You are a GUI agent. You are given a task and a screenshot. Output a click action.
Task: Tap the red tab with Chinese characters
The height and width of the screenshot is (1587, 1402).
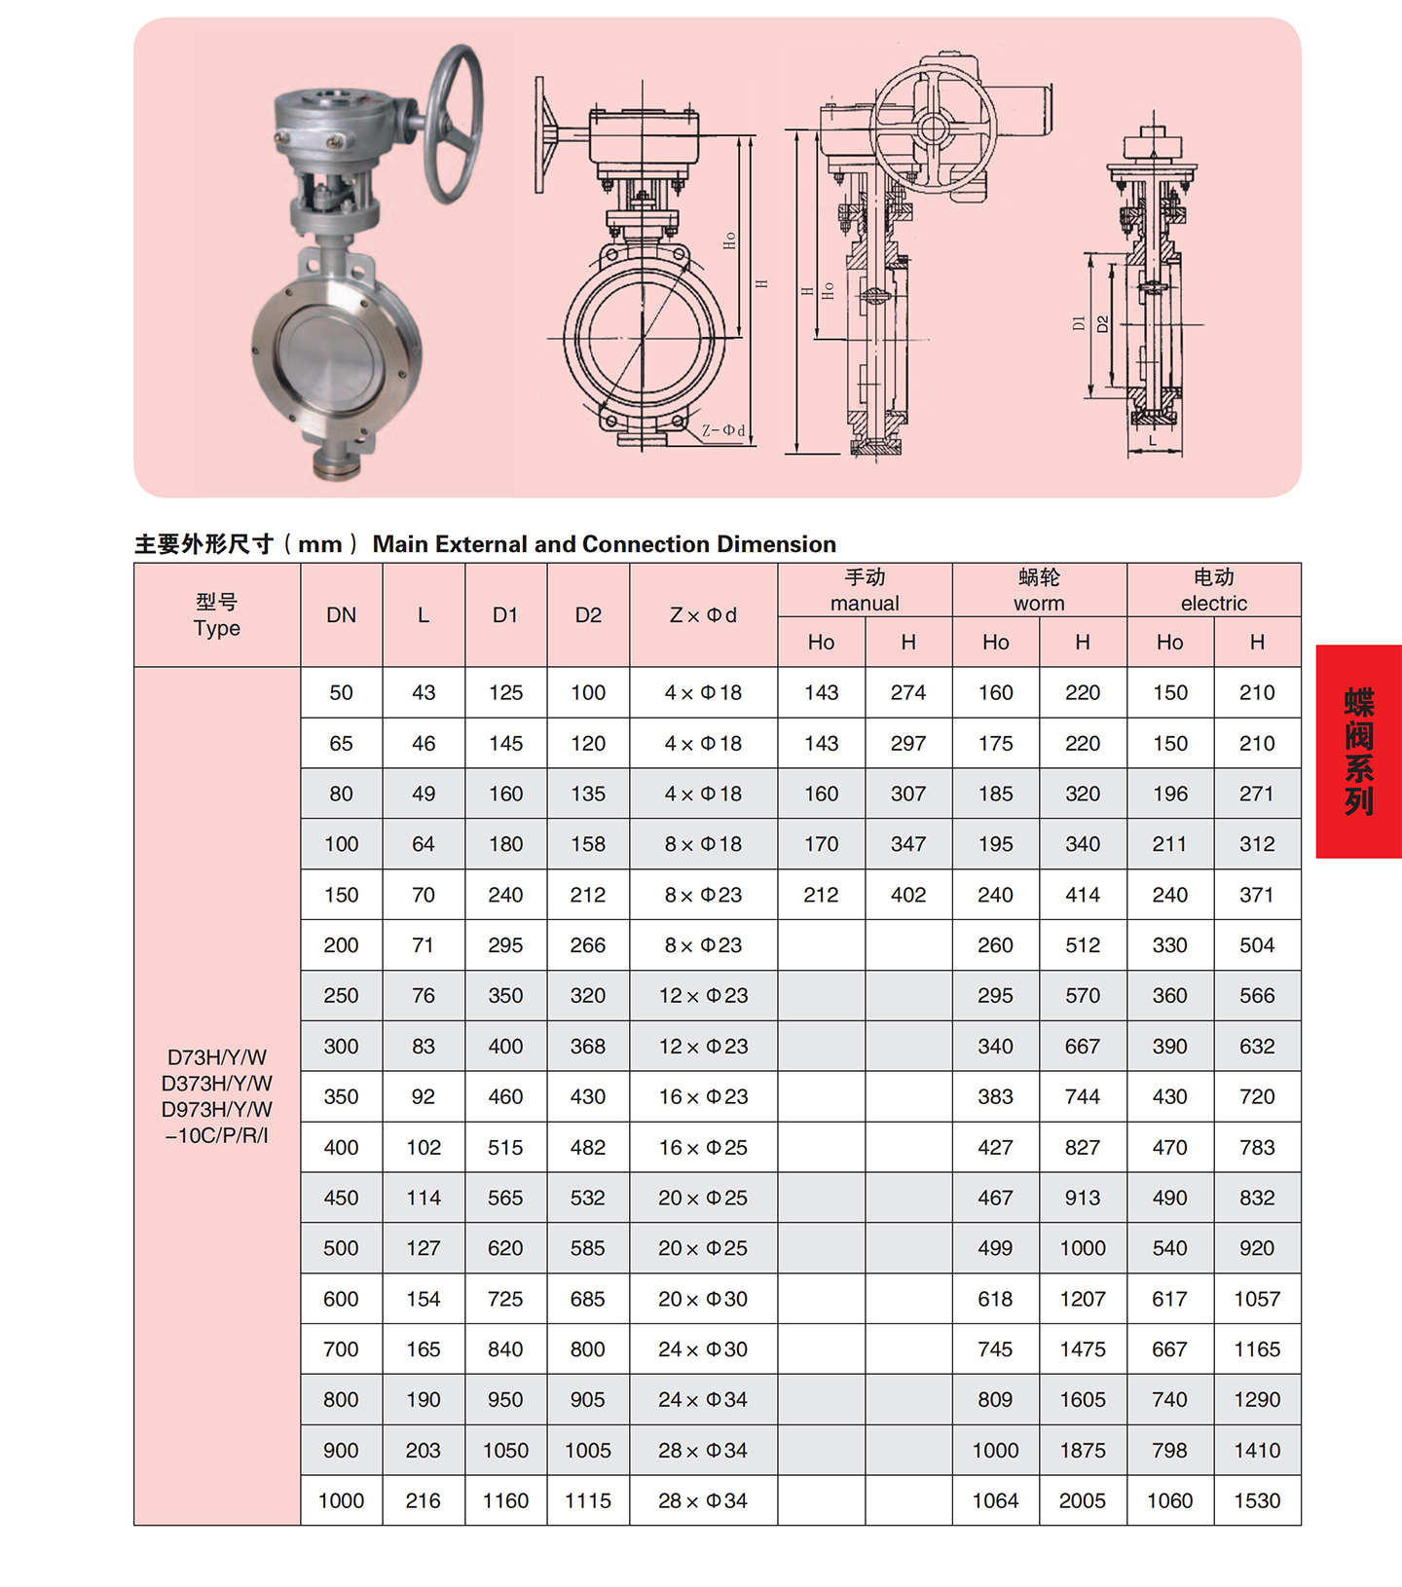pyautogui.click(x=1358, y=751)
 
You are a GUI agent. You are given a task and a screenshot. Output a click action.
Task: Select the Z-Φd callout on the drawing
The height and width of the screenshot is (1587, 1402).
pyautogui.click(x=723, y=429)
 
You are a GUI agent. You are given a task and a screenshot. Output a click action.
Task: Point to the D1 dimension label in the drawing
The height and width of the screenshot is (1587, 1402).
pyautogui.click(x=1078, y=322)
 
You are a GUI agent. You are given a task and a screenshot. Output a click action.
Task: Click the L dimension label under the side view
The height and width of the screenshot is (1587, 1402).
pyautogui.click(x=1154, y=440)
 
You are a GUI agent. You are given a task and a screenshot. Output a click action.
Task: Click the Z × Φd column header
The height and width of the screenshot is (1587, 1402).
pyautogui.click(x=703, y=615)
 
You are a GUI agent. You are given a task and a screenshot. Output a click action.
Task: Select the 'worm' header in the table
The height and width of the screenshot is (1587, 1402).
pyautogui.click(x=1039, y=604)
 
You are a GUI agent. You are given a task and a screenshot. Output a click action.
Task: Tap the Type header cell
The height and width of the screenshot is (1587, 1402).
pyautogui.click(x=217, y=614)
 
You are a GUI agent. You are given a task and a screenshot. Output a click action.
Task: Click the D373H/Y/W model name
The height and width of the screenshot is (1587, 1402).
pyautogui.click(x=217, y=1084)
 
